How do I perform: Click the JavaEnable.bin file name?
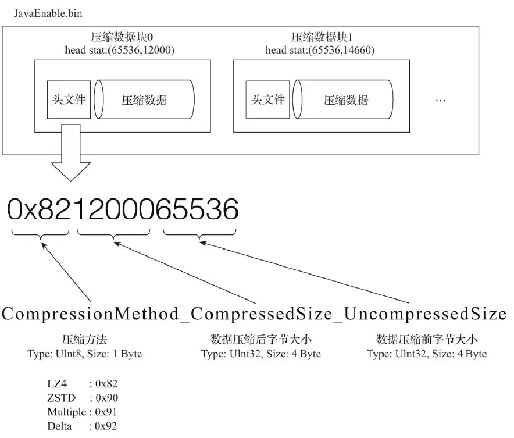click(44, 12)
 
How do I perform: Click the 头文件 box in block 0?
click(68, 99)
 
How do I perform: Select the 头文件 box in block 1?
click(268, 99)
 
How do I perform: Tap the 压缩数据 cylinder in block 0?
click(143, 99)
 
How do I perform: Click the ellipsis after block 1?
click(441, 101)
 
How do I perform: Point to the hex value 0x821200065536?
click(123, 208)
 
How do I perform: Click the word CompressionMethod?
click(90, 314)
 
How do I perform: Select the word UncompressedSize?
click(424, 314)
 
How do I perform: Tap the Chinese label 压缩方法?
click(84, 340)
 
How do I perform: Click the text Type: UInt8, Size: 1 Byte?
click(84, 353)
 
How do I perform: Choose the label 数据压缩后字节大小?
click(260, 340)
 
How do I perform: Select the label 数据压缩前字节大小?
click(427, 340)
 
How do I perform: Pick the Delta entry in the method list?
click(59, 427)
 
